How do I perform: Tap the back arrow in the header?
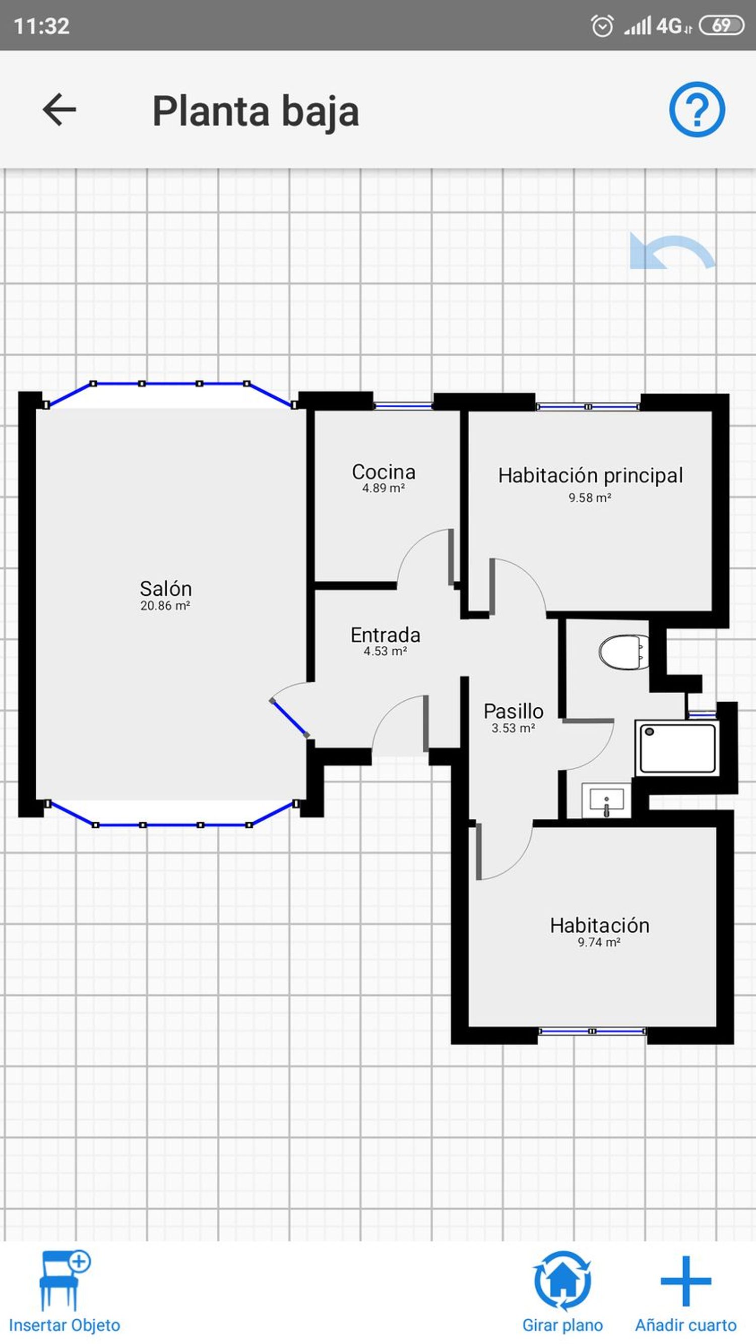59,109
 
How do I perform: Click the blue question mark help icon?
697,109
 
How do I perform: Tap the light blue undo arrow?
672,252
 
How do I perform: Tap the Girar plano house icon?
562,1281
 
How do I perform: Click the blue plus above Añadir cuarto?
685,1281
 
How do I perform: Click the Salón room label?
166,588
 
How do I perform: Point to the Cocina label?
384,472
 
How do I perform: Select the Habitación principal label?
590,475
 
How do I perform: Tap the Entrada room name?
385,635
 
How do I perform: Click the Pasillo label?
514,711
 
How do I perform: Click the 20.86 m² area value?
165,605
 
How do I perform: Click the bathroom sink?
606,800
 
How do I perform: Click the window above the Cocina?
403,405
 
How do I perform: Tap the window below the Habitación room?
592,1031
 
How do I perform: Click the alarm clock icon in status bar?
602,26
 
